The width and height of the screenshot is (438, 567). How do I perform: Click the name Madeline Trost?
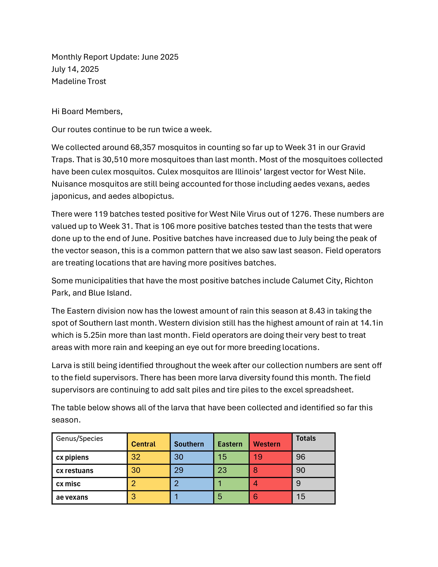(x=79, y=81)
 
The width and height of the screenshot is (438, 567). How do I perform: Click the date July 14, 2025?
(x=75, y=69)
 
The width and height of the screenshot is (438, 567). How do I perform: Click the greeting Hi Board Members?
(x=87, y=111)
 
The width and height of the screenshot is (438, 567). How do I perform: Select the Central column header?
(x=143, y=444)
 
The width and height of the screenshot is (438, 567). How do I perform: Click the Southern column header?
(x=189, y=444)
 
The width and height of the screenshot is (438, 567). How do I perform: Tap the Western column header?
(x=267, y=444)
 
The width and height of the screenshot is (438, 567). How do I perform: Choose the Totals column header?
(x=306, y=438)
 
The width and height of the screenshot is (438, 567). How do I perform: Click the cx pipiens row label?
(x=72, y=457)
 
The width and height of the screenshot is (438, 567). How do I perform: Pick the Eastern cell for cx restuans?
(x=222, y=470)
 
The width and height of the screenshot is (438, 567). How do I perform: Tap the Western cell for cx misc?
(x=256, y=483)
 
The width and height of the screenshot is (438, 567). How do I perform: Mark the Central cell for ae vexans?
(x=134, y=497)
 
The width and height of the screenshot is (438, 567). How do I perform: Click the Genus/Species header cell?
(x=79, y=438)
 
